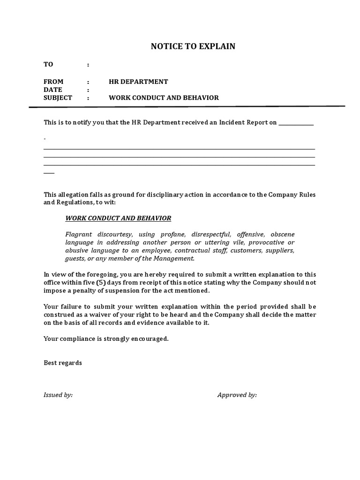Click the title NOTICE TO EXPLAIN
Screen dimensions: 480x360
point(193,46)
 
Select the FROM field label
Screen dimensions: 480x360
point(53,82)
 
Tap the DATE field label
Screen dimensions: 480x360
point(53,90)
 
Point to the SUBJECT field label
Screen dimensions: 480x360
point(58,98)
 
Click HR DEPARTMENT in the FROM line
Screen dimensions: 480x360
point(138,82)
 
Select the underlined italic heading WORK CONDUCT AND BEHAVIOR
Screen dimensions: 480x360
point(118,218)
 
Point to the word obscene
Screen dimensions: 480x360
point(283,234)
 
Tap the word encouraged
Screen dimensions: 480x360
point(149,339)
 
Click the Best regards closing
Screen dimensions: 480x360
point(63,363)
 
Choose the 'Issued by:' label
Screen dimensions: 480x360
point(58,395)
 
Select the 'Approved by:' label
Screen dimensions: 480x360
point(237,395)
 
